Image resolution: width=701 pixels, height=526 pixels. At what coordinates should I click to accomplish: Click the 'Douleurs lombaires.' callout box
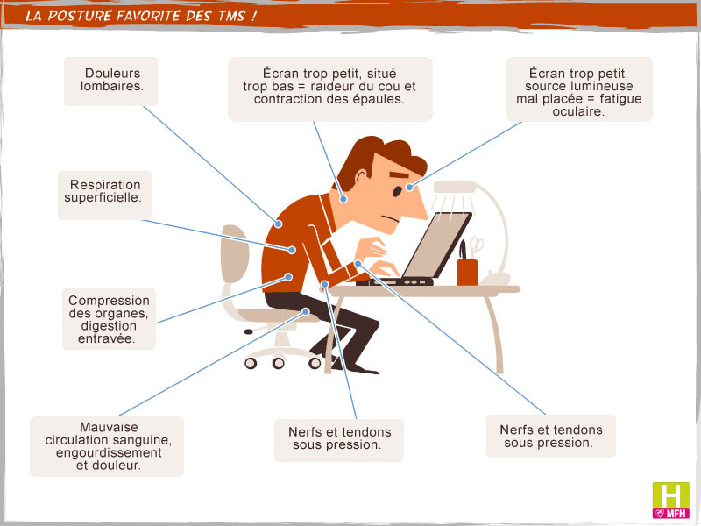111,81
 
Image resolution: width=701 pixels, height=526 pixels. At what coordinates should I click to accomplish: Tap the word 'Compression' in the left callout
109,300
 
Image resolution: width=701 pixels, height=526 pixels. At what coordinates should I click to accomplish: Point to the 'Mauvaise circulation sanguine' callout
107,446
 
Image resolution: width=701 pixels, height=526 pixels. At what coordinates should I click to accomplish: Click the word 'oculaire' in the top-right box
578,111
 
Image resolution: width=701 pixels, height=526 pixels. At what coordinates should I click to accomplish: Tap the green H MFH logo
670,500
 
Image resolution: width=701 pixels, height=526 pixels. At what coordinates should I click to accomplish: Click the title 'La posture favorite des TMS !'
141,16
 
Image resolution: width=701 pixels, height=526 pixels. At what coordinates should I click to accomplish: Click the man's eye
397,191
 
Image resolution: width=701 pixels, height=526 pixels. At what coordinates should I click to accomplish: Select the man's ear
361,177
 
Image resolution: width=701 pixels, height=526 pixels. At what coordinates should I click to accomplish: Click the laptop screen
436,245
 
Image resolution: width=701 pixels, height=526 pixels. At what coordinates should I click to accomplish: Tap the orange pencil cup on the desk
467,272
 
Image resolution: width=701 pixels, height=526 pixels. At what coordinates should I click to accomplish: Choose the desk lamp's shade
454,187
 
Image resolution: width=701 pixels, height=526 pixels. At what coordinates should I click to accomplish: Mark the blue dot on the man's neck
343,200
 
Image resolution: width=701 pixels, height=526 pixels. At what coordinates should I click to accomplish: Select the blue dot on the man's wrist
358,264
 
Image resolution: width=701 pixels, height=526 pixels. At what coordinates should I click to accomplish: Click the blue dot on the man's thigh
306,311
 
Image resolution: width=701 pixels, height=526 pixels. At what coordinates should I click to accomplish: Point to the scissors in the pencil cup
477,247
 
